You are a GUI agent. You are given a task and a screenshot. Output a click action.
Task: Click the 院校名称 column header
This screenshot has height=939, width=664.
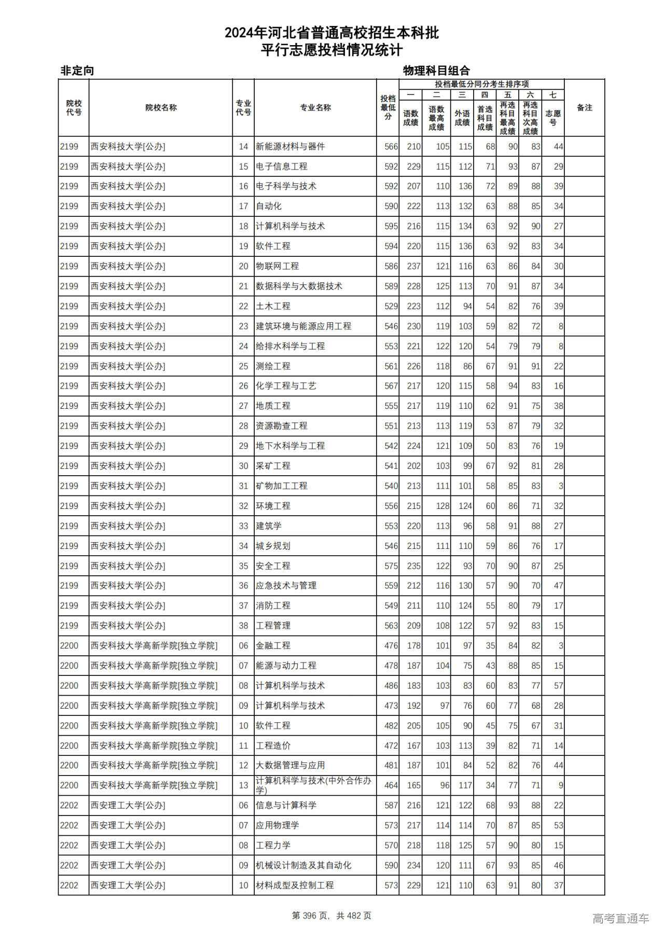point(161,108)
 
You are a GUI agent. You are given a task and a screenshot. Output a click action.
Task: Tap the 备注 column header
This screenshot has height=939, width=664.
point(584,108)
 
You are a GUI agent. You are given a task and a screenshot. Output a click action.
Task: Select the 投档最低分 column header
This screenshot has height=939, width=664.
point(388,108)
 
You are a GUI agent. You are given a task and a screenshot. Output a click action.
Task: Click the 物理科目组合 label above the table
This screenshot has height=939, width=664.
point(436,71)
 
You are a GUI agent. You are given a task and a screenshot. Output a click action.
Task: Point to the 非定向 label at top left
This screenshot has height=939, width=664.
point(77,71)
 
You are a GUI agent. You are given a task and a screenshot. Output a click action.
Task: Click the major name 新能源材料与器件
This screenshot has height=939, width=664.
point(290,147)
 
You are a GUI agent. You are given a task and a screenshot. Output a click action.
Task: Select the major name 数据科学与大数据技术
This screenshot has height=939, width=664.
point(299,286)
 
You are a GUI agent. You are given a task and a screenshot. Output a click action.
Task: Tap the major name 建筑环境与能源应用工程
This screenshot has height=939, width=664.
point(303,326)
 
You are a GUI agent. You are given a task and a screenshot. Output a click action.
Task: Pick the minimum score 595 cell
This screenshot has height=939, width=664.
point(391,226)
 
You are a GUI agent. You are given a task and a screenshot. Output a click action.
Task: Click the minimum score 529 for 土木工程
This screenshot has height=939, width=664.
point(391,306)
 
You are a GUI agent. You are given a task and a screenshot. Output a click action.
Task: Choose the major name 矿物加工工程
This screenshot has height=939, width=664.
point(281,486)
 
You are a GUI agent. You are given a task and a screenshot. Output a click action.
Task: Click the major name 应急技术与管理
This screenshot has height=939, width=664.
point(286,586)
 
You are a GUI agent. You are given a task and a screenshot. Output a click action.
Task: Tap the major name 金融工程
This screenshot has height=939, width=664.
point(273,646)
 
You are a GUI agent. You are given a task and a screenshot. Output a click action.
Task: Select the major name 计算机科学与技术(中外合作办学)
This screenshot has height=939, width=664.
point(313,785)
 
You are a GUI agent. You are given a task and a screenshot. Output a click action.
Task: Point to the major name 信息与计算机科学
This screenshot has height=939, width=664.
point(286,806)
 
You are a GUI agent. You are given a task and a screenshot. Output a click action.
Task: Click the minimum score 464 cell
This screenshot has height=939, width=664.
point(391,785)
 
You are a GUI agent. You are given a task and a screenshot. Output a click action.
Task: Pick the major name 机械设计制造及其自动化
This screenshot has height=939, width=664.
point(303,865)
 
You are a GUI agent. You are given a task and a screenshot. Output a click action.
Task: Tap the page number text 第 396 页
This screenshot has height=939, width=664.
point(311,916)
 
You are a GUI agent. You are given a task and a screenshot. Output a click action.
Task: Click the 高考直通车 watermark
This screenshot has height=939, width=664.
point(620,918)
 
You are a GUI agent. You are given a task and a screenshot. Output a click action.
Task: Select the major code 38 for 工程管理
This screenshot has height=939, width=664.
point(243,626)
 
